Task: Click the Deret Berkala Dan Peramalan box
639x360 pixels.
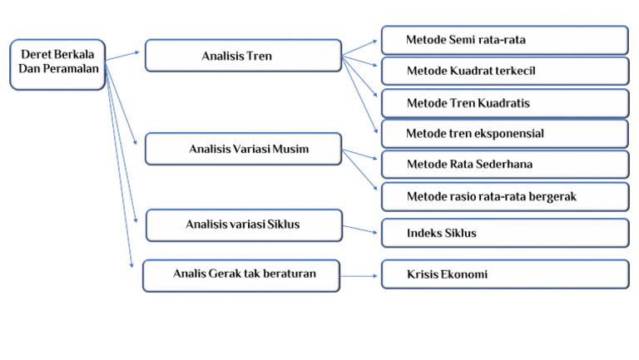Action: tap(57, 63)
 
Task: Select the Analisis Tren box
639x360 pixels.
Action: tap(243, 56)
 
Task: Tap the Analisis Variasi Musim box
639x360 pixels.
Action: tap(243, 149)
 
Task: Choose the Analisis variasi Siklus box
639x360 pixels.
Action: tap(243, 225)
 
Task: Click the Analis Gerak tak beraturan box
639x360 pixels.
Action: tap(241, 275)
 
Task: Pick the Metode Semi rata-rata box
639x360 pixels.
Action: tap(504, 40)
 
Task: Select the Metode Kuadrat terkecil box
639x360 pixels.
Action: tap(504, 71)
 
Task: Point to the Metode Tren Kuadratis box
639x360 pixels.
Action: tap(504, 103)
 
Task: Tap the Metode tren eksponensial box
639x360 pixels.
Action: tap(504, 133)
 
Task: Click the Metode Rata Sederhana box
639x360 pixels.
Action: tap(504, 164)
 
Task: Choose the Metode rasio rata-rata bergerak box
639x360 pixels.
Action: tap(504, 196)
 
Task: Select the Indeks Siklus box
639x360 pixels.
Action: tap(504, 233)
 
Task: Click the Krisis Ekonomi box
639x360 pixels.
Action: tap(504, 274)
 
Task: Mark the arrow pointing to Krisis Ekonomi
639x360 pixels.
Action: tap(360, 275)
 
